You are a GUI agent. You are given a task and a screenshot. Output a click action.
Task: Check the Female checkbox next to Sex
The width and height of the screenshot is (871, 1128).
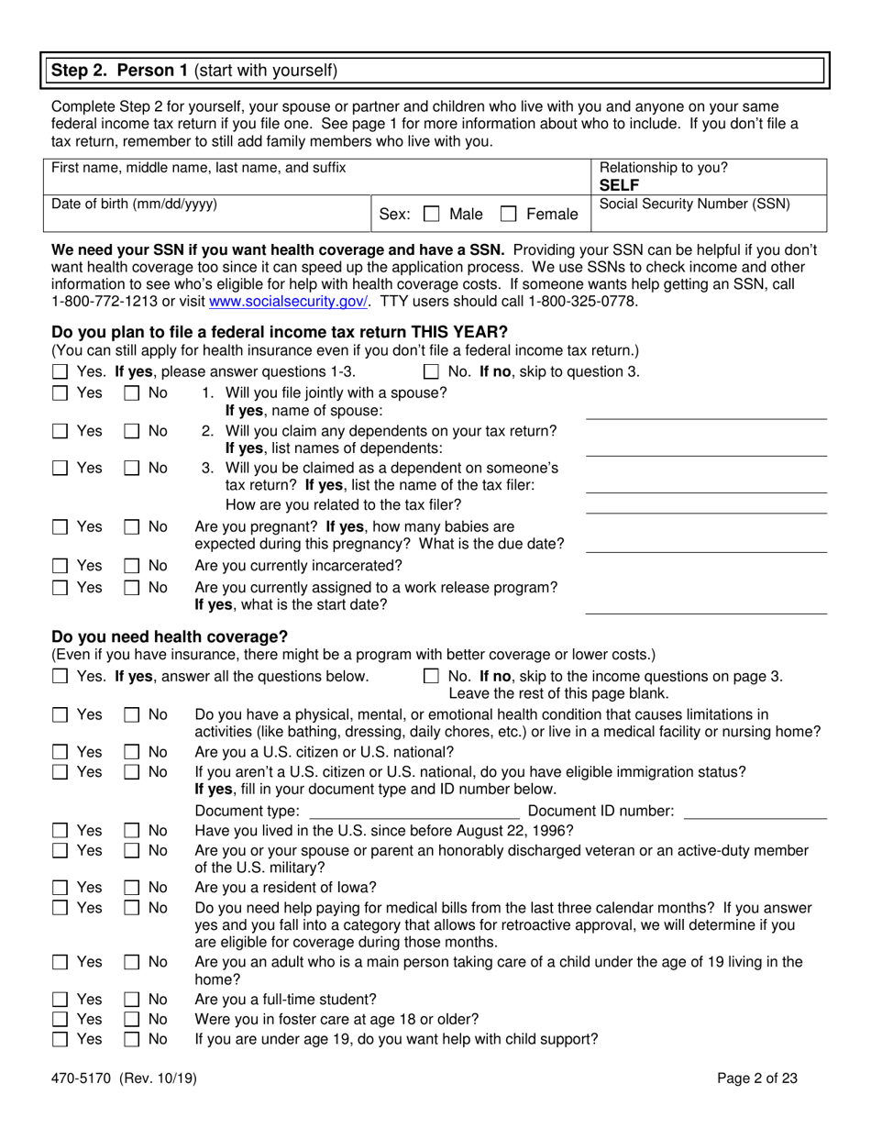(509, 215)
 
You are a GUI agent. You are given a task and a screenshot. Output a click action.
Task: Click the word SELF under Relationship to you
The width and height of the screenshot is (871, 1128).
(620, 184)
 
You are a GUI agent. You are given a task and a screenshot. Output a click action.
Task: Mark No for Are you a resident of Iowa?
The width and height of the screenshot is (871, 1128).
(132, 887)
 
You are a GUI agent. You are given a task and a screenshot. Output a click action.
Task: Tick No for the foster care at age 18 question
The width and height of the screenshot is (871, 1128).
(132, 1019)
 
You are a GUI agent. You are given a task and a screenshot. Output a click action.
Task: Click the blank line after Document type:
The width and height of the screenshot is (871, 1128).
(414, 812)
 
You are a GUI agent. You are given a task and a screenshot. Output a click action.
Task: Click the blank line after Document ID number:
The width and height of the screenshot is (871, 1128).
(755, 812)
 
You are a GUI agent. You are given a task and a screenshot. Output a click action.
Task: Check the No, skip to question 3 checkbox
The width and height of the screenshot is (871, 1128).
(431, 371)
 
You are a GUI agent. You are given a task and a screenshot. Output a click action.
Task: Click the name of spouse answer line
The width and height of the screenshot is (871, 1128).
(706, 411)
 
